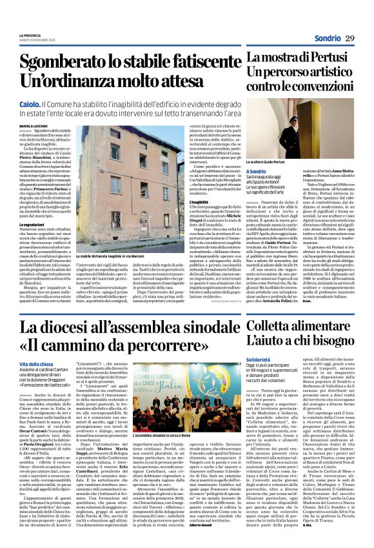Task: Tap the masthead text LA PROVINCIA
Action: click(x=30, y=35)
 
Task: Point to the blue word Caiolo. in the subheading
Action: click(x=30, y=103)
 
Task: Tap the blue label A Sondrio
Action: click(x=258, y=171)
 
